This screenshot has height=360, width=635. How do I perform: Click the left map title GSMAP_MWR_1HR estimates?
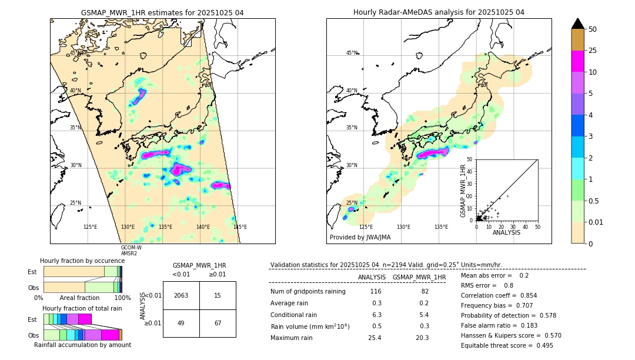click(162, 12)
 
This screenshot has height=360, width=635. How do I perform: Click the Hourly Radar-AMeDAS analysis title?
click(439, 12)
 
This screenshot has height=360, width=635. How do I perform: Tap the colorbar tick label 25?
click(593, 51)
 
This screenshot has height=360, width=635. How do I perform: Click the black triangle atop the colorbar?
click(578, 24)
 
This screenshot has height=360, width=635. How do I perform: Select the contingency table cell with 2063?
click(181, 295)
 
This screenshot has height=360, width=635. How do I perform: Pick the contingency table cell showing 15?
click(218, 295)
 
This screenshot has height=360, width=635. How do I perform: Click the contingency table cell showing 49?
click(181, 323)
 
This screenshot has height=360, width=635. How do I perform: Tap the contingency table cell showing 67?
click(218, 323)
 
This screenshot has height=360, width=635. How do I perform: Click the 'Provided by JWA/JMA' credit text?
click(360, 238)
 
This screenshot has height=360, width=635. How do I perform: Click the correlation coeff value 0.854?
click(523, 295)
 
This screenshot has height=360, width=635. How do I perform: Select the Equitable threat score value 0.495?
click(540, 345)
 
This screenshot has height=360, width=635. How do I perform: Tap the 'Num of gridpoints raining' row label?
click(308, 291)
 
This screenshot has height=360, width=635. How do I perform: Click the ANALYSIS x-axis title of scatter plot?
click(506, 232)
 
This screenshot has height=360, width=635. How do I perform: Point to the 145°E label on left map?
click(240, 227)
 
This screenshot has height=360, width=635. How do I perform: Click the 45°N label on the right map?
click(352, 53)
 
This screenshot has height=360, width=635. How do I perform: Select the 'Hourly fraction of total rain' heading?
click(82, 308)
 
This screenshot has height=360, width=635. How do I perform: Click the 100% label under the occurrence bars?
click(122, 298)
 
